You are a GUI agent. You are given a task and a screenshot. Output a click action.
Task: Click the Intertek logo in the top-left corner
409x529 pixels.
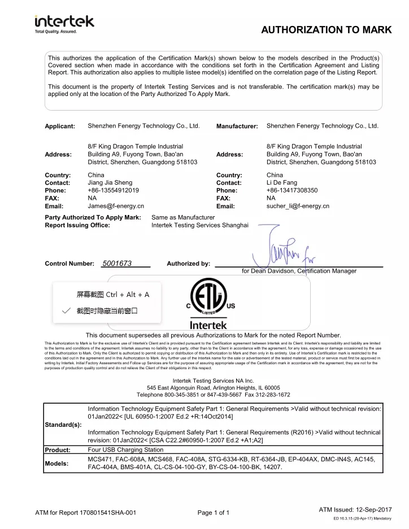64,24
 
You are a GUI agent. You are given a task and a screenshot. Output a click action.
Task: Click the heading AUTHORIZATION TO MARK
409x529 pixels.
326,30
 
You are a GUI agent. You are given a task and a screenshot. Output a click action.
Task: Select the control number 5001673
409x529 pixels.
117,264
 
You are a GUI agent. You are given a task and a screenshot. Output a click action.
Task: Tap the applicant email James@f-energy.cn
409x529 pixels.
116,207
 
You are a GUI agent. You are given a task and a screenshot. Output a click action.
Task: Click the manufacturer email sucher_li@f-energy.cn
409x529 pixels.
298,207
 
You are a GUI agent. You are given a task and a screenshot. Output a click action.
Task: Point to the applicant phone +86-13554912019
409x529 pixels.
114,191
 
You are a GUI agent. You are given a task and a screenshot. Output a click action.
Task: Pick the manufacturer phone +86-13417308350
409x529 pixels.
292,191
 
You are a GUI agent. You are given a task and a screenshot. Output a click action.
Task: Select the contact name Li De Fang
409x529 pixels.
282,183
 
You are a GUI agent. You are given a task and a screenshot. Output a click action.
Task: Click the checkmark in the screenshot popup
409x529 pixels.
67,311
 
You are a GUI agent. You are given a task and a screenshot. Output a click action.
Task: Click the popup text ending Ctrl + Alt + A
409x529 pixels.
113,294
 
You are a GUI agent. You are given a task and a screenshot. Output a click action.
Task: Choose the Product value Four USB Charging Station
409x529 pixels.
125,450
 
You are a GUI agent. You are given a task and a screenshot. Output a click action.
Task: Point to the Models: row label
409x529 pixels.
56,463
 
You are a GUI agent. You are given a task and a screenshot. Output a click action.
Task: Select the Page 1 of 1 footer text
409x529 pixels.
214,513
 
